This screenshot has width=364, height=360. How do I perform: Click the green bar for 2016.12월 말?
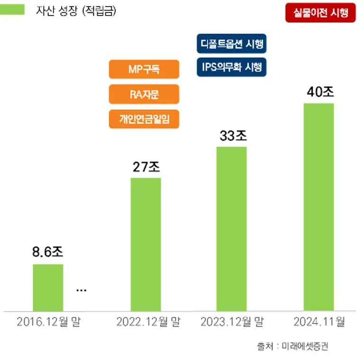click(48, 287)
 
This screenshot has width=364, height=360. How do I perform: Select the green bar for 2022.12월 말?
click(146, 244)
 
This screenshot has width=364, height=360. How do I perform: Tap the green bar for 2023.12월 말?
click(232, 228)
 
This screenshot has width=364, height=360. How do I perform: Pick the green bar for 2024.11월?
click(318, 207)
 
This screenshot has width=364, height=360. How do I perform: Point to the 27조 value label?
click(146, 167)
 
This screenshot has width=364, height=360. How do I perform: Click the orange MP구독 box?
click(144, 69)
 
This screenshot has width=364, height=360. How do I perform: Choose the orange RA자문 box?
click(144, 94)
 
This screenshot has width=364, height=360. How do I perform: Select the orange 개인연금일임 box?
click(144, 119)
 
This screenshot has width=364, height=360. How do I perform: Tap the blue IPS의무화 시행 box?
click(231, 67)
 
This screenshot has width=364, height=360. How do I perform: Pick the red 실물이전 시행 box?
click(320, 13)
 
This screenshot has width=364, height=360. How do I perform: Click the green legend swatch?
click(12, 9)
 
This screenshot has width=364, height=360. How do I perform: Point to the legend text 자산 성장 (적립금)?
click(76, 10)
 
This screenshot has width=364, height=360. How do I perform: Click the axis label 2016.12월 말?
click(48, 323)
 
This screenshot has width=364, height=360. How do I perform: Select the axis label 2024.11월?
click(319, 323)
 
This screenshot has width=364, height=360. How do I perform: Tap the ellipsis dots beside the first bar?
click(82, 290)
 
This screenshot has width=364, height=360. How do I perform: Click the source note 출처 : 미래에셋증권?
click(292, 346)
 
